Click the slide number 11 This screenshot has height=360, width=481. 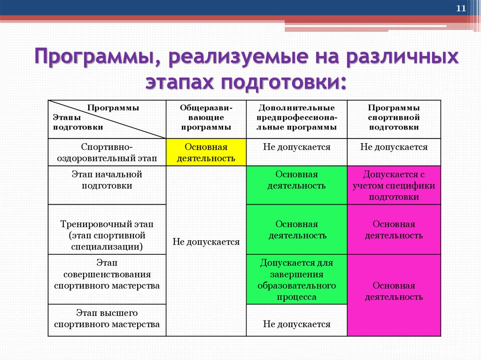461,8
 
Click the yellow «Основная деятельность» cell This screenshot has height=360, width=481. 206,153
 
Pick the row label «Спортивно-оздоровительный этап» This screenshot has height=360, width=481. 107,153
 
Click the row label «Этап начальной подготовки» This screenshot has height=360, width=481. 107,180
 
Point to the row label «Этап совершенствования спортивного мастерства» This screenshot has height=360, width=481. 107,280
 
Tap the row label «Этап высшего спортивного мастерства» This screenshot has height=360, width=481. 107,318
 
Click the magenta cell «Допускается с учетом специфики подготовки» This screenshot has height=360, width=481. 394,185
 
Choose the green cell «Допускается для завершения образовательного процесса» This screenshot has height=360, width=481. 296,280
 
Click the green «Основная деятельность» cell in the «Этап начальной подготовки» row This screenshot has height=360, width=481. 296,180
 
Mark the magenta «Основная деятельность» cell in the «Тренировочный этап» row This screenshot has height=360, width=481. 394,230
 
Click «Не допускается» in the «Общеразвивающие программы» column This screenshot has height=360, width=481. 206,242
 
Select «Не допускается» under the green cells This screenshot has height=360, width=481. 296,324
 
